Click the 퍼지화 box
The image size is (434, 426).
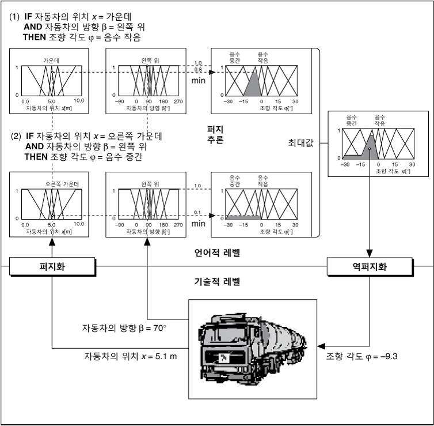tap(51, 267)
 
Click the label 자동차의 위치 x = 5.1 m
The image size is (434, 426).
tap(130, 356)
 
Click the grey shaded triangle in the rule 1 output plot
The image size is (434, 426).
tap(253, 86)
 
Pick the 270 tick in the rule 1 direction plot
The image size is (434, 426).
tap(178, 100)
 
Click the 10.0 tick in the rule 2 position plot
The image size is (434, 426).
tap(79, 224)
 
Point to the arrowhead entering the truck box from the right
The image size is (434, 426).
tap(317, 341)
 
